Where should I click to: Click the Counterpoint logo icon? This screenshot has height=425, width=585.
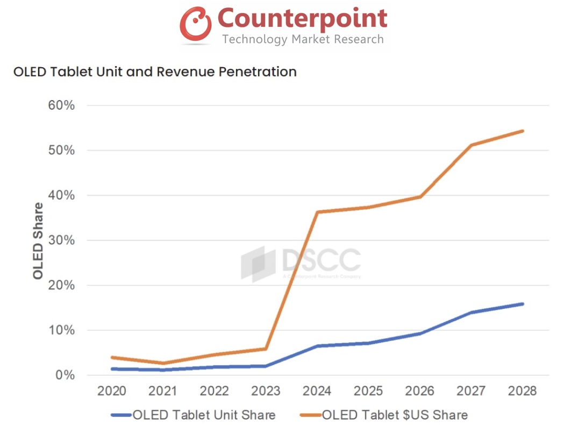coord(195,24)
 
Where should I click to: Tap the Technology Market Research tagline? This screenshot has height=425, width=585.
coord(303,39)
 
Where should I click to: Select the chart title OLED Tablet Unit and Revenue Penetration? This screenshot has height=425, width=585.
coord(155,72)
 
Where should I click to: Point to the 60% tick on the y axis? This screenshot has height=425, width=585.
coord(62,105)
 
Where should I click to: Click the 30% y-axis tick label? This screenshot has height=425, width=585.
coord(62,240)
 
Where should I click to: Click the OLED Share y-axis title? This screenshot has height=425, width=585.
coord(38,240)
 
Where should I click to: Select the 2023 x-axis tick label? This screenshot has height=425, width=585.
coord(267,391)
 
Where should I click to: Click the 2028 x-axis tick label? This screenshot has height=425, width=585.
coord(522,391)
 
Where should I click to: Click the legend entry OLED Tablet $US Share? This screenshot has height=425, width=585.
coord(395,415)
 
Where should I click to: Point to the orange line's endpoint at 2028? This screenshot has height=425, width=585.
coord(522,131)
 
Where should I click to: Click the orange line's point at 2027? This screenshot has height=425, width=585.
coord(472,145)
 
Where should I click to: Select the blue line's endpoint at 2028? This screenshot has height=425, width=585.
coord(522,304)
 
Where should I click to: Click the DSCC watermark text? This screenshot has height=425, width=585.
coord(320,260)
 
